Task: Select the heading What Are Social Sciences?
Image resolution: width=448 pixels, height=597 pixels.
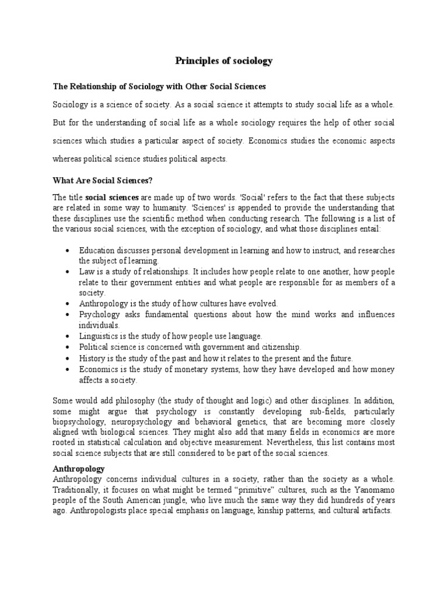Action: tap(102, 180)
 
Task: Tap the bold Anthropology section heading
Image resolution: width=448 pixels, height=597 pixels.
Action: tap(78, 468)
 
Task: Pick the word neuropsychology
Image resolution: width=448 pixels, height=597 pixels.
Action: tap(146, 422)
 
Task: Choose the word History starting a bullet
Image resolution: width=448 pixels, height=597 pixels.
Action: tap(92, 359)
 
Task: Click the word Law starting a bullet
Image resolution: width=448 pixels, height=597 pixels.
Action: tap(86, 272)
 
